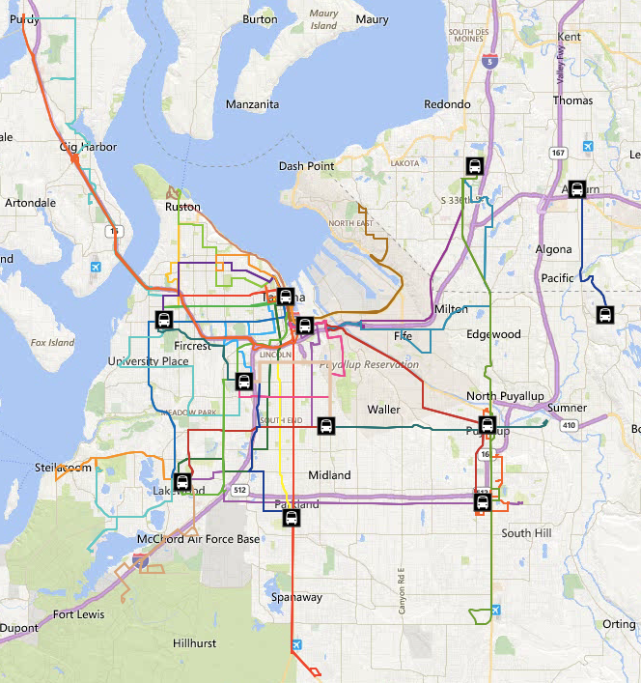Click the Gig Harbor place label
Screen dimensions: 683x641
click(x=88, y=147)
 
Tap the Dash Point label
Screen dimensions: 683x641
click(x=306, y=166)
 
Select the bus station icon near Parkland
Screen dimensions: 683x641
click(x=292, y=518)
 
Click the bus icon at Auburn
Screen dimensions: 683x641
click(x=577, y=189)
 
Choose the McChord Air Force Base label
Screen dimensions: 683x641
click(x=198, y=539)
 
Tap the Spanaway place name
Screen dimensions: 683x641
click(x=295, y=597)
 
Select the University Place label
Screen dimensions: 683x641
click(x=149, y=361)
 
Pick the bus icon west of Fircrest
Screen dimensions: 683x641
click(x=164, y=320)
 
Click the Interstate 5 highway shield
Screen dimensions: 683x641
click(x=491, y=61)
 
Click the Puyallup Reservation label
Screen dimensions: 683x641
click(x=370, y=365)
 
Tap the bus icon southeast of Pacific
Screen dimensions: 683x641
click(x=604, y=315)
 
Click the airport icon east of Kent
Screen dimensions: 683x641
click(x=588, y=146)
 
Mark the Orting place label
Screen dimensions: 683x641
click(x=619, y=624)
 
